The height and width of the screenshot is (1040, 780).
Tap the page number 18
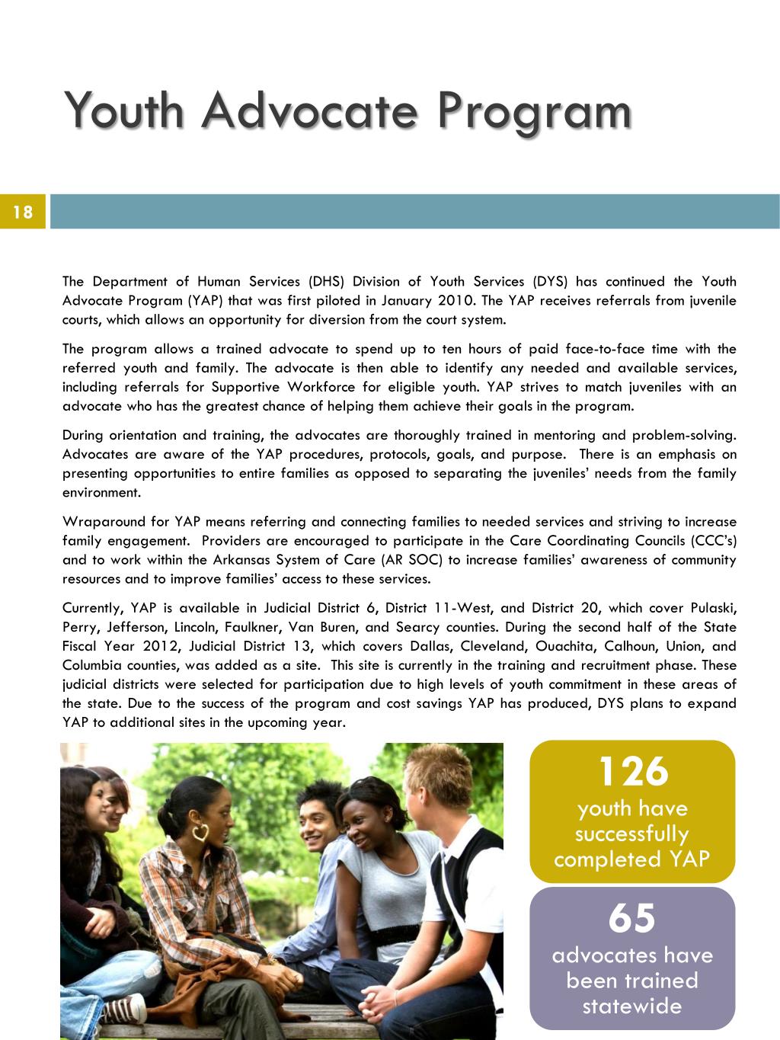23,212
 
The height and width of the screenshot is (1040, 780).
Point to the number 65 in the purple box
631,917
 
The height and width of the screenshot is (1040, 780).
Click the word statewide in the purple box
631,1006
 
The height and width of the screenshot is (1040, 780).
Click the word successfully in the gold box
631,834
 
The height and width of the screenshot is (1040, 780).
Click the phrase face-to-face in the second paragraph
606,349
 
